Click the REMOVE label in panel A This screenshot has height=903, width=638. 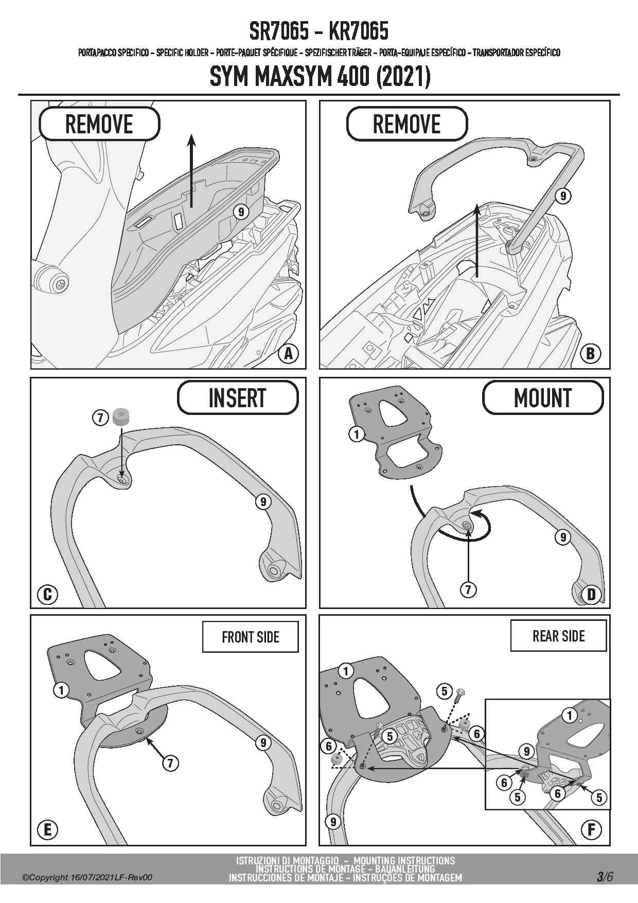(99, 124)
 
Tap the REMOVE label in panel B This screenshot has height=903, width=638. (406, 124)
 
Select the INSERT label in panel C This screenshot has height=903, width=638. (237, 397)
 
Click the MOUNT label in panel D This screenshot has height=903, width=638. (542, 397)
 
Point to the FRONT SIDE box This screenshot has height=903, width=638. (250, 637)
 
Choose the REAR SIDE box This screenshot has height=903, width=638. (558, 636)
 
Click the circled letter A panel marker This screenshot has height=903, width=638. (289, 354)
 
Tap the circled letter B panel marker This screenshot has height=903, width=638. (591, 354)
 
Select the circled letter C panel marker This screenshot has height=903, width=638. (47, 595)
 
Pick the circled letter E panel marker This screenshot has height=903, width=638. (47, 829)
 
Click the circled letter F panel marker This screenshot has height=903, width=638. (591, 829)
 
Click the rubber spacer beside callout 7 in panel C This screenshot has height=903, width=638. (120, 417)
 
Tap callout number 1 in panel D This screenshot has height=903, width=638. (357, 434)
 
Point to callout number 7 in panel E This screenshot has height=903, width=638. (170, 763)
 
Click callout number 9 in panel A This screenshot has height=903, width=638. (241, 211)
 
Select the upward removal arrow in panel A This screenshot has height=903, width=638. (191, 170)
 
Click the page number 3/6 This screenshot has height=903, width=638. (605, 876)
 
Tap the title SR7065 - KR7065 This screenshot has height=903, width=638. (318, 32)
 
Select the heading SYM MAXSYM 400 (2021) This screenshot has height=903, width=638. (320, 77)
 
